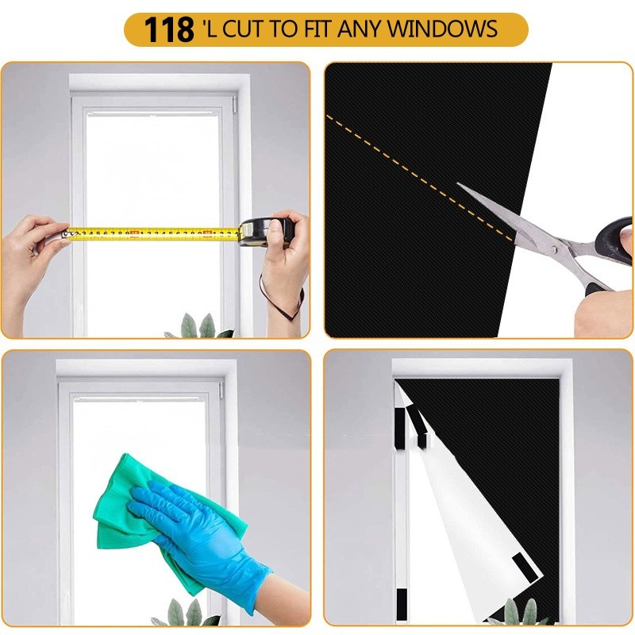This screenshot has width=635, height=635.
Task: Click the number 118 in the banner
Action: [x=168, y=30]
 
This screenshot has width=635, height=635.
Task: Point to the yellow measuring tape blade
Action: [x=151, y=234]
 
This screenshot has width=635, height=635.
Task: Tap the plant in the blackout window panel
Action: [x=520, y=613]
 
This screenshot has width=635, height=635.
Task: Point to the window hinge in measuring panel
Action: [x=235, y=104]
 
